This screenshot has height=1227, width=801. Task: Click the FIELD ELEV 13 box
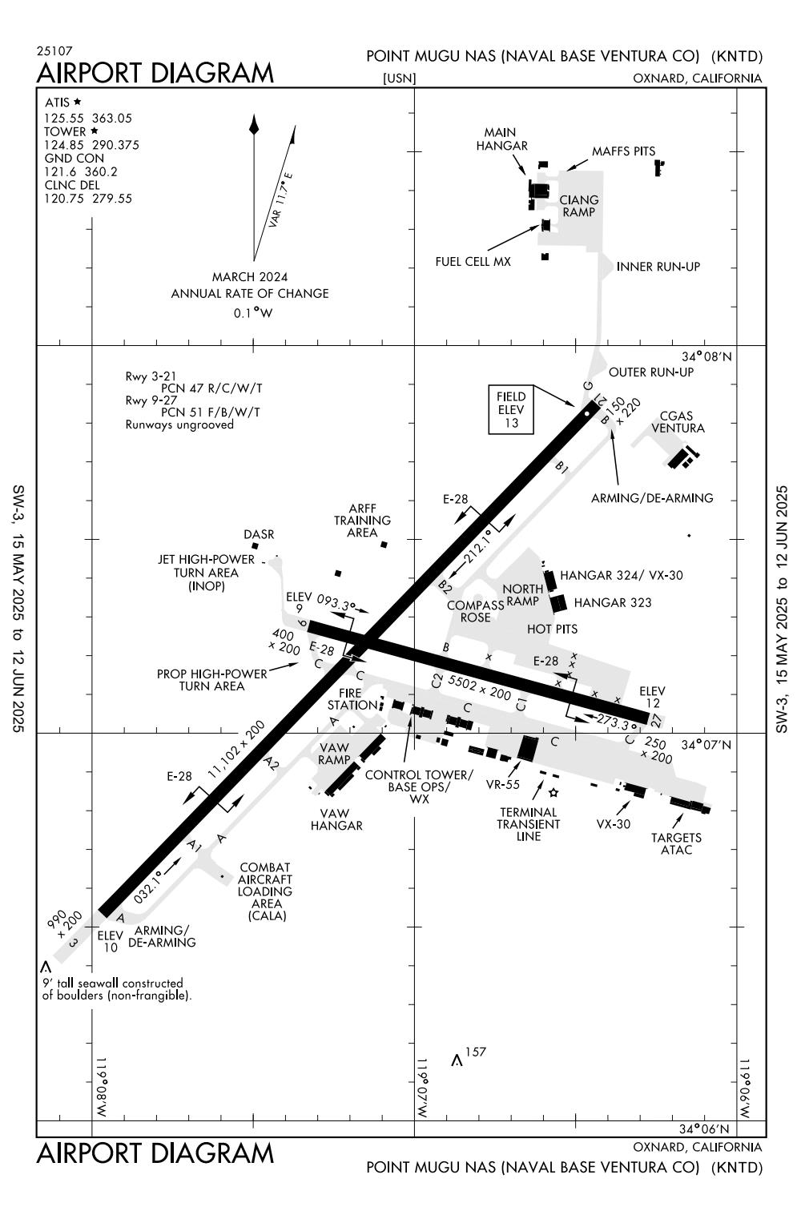[x=511, y=410]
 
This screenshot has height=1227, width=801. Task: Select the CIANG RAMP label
[x=578, y=206]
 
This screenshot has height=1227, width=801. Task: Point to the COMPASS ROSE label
[x=475, y=611]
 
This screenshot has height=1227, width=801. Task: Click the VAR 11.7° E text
[x=281, y=200]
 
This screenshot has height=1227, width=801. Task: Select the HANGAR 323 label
[x=613, y=602]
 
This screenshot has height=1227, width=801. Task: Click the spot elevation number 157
[x=476, y=1052]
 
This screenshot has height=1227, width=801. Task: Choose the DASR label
[x=259, y=534]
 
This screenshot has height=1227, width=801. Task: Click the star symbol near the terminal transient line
[x=553, y=793]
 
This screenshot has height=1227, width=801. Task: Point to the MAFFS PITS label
[x=623, y=151]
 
